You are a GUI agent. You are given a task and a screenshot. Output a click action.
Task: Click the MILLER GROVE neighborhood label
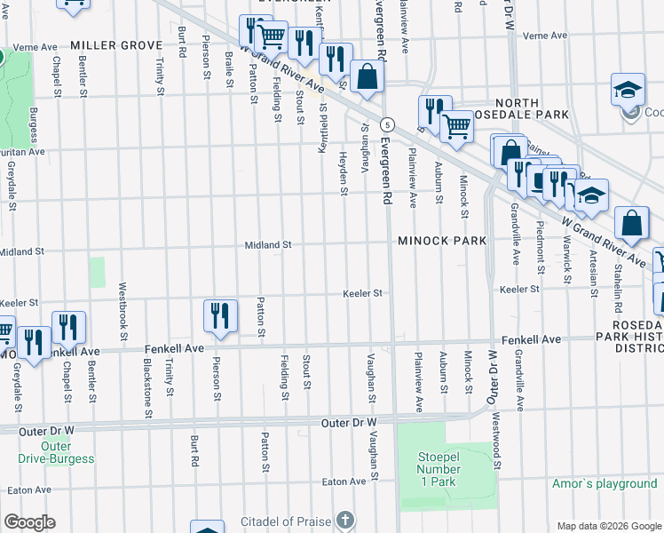pyautogui.click(x=116, y=45)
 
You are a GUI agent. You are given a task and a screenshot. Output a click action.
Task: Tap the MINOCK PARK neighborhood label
pyautogui.click(x=442, y=241)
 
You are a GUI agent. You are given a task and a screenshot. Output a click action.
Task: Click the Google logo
pyautogui.click(x=29, y=522)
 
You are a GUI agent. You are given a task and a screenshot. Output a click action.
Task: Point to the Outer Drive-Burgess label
pyautogui.click(x=55, y=452)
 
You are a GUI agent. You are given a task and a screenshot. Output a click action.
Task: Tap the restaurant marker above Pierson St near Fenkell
pyautogui.click(x=219, y=316)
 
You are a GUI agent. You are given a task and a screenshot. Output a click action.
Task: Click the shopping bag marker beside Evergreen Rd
pyautogui.click(x=367, y=77)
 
